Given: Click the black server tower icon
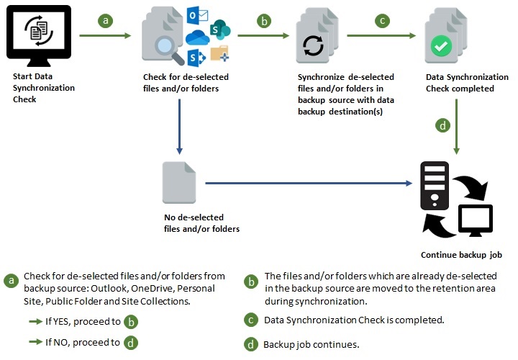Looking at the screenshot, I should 435,186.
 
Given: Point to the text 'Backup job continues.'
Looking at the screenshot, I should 311,344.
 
